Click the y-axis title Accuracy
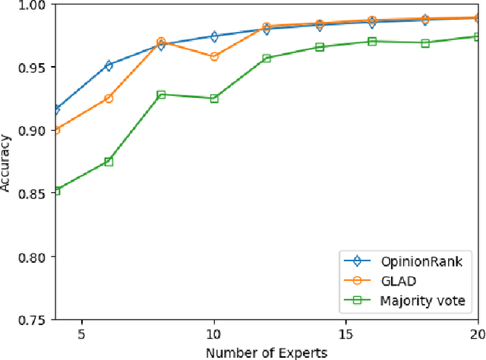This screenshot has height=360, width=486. coord(7,162)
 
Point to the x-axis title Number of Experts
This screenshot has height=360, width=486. coord(267,352)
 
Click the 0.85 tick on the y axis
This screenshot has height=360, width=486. coord(33,193)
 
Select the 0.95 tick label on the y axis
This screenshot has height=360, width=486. coord(33,67)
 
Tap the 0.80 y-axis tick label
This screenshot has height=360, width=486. coord(33,256)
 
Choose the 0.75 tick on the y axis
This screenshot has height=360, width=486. coord(33,320)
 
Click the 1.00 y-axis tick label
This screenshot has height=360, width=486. coord(33,5)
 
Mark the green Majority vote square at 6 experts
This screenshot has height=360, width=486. coord(109,161)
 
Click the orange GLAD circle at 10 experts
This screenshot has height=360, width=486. coord(214,56)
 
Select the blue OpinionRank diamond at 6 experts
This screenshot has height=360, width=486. coord(109,65)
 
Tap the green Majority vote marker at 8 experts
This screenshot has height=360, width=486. coord(161,95)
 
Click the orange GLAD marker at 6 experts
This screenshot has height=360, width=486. coord(109,98)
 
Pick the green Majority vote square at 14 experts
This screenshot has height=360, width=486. coord(320,47)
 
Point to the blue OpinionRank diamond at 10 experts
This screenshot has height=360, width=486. coord(214,36)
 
